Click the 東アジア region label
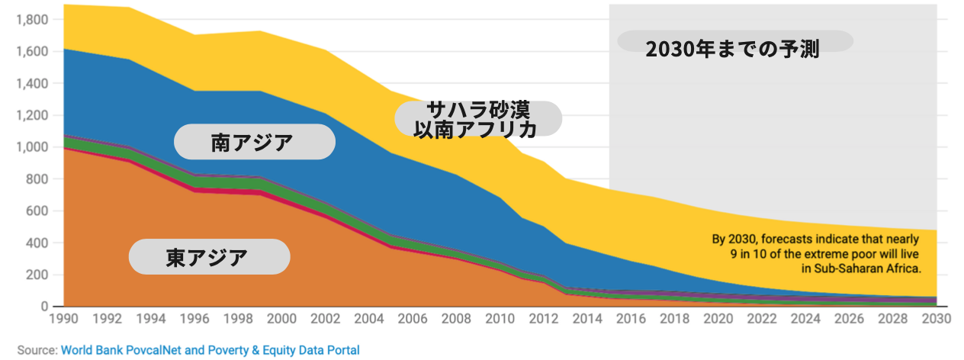(x=208, y=257)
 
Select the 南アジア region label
(x=253, y=142)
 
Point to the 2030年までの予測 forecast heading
(x=732, y=50)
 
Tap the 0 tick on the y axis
(x=45, y=307)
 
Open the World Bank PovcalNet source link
(x=210, y=350)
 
